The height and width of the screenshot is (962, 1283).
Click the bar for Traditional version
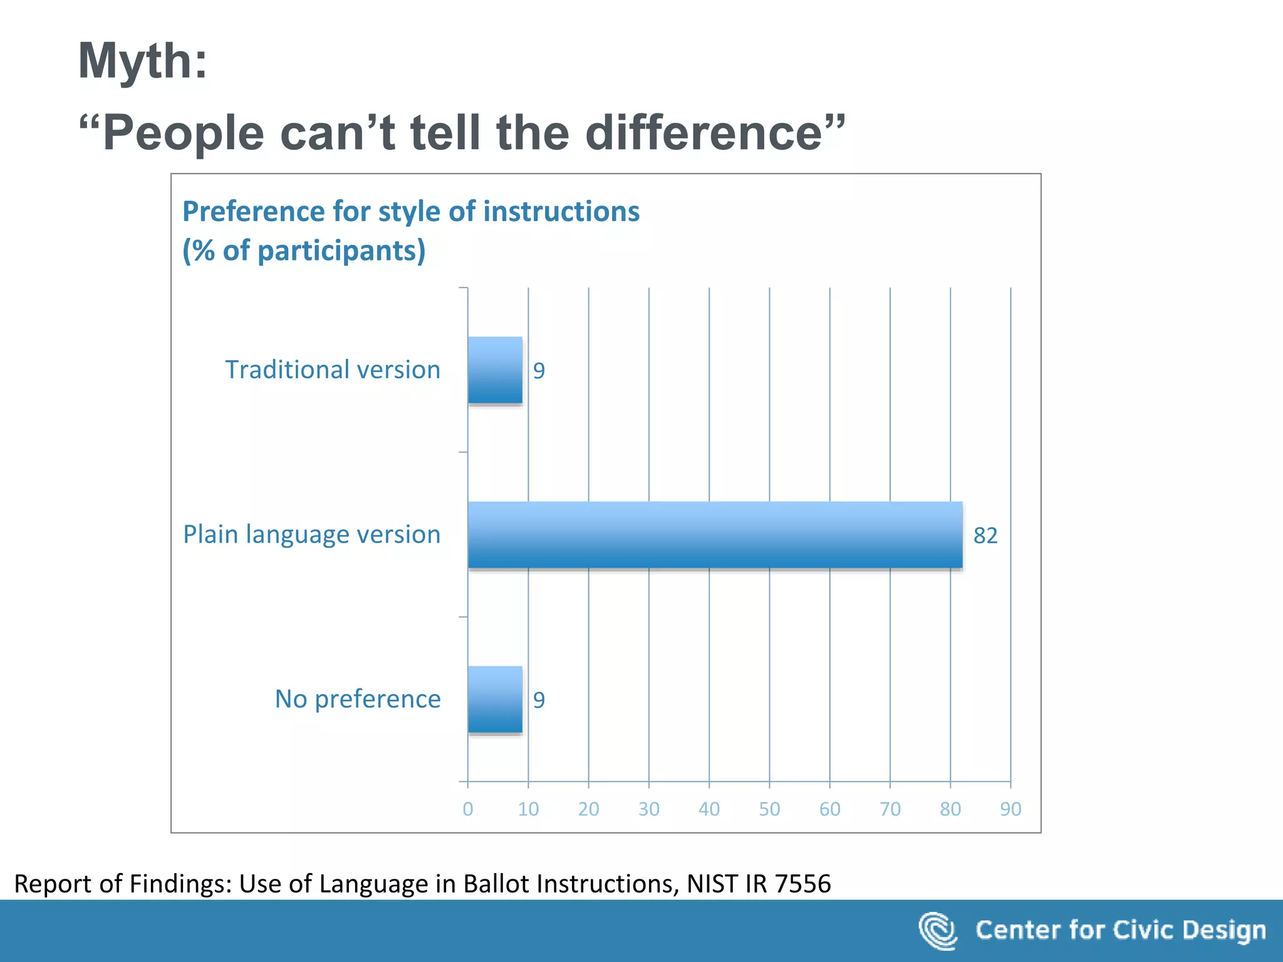click(495, 370)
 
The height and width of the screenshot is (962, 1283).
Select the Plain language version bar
click(715, 535)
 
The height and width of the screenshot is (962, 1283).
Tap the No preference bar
click(495, 700)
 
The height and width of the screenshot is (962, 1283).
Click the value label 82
click(985, 535)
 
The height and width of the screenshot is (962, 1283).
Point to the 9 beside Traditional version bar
click(539, 371)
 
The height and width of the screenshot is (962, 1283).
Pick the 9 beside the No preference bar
click(539, 700)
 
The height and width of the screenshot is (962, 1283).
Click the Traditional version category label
click(333, 370)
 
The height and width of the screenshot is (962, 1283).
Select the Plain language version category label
click(311, 534)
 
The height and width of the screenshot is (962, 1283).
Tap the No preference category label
click(357, 699)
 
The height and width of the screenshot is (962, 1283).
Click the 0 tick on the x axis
click(467, 809)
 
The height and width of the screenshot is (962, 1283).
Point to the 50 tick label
click(769, 809)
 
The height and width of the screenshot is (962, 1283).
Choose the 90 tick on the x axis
click(1010, 809)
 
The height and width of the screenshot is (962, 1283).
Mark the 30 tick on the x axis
click(648, 809)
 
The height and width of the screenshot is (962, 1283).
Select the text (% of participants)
click(304, 251)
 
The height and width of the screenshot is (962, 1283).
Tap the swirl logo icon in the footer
click(937, 930)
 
